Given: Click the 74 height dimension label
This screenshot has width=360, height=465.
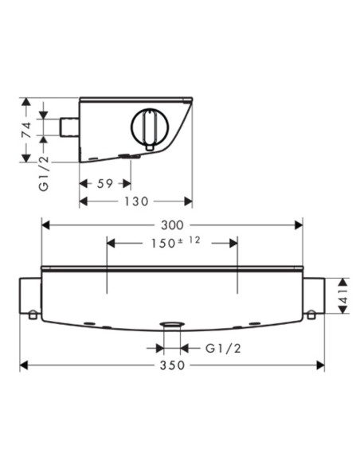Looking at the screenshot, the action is [x=27, y=130].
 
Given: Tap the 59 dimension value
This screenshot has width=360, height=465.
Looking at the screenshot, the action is [x=105, y=184].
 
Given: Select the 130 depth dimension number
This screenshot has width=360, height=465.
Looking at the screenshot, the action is [x=136, y=201].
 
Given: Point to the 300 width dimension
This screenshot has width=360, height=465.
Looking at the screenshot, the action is [x=172, y=225].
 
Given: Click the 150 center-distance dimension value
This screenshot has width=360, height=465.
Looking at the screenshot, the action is [x=163, y=244].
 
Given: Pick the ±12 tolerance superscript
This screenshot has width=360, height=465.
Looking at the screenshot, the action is [x=190, y=240].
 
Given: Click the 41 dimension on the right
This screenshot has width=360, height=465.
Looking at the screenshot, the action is [x=343, y=295].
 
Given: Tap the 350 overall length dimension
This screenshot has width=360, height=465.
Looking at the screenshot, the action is [x=172, y=365].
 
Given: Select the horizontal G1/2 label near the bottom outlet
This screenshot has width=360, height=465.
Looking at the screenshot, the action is [x=223, y=349].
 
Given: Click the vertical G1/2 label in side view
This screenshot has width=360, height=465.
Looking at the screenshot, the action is [x=44, y=174].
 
